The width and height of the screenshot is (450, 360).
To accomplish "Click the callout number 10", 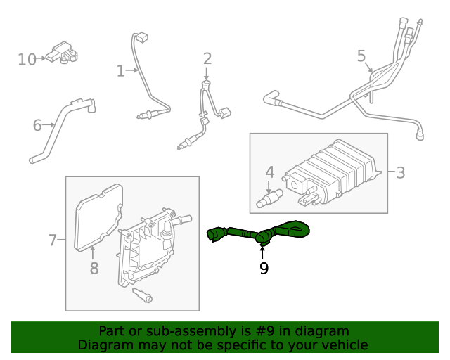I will (x=27, y=59).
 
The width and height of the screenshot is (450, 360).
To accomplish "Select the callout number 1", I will (x=120, y=70).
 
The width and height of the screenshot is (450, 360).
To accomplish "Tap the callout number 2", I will (x=207, y=58).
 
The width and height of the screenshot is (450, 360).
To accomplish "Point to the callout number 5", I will (x=361, y=55).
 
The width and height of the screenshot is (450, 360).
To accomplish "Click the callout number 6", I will (x=37, y=126).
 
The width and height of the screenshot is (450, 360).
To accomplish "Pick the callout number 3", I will (x=400, y=172).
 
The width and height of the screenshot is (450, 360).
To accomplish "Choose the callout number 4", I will (x=269, y=172).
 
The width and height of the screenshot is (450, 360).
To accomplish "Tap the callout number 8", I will (x=94, y=268).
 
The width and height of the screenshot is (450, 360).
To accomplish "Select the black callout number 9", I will (x=264, y=268).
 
